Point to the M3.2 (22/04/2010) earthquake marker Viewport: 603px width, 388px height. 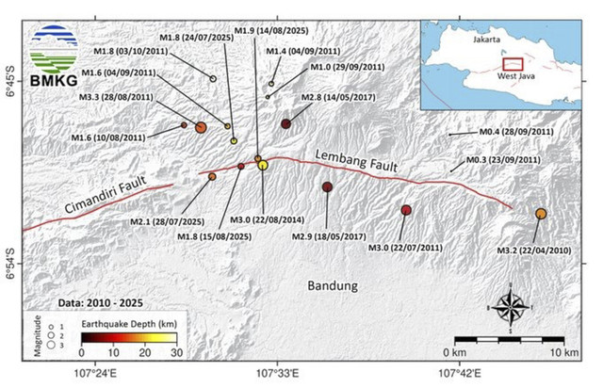click(541, 214)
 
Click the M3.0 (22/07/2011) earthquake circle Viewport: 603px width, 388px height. click(406, 209)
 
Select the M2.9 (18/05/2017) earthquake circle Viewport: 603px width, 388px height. click(327, 187)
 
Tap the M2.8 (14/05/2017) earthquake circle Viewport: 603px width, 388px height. click(285, 124)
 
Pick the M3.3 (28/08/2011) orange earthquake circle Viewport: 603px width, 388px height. click(201, 128)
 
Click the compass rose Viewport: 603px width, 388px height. click(510, 306)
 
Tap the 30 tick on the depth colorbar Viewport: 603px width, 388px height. click(176, 352)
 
